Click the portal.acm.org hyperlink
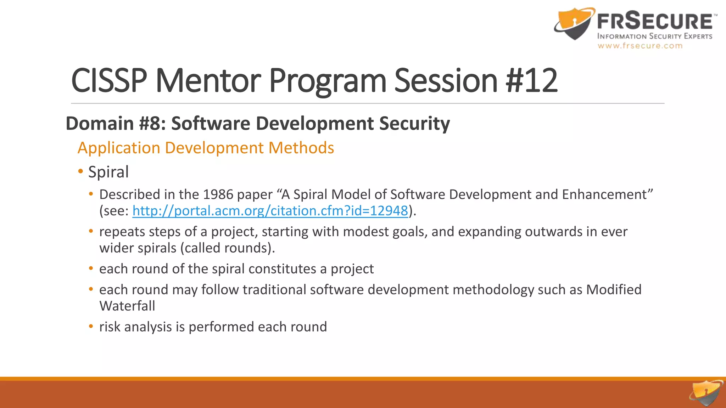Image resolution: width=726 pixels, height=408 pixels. click(270, 211)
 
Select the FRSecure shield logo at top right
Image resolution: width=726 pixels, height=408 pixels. click(574, 23)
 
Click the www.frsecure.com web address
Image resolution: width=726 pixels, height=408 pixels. click(640, 46)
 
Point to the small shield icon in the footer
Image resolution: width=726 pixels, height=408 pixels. click(706, 393)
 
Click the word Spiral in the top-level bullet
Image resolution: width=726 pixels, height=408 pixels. click(108, 172)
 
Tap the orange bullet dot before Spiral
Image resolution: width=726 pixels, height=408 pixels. click(81, 172)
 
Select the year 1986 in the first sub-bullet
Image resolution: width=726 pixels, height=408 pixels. click(218, 195)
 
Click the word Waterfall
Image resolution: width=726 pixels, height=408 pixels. click(127, 306)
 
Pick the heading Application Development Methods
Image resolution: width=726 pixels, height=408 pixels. click(206, 148)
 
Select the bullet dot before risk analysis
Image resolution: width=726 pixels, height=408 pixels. click(91, 327)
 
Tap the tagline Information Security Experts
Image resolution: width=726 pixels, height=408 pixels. click(654, 36)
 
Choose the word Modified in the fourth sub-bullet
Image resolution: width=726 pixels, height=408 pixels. click(614, 290)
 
